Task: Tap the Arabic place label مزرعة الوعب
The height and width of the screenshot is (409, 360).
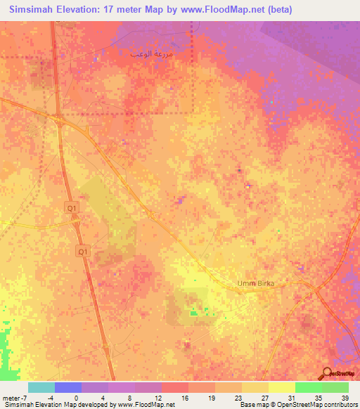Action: [x=151, y=53]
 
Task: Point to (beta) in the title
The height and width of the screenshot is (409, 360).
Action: [x=275, y=10]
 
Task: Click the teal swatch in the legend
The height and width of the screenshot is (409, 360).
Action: [x=41, y=387]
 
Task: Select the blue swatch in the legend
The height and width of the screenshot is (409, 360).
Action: [x=67, y=387]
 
